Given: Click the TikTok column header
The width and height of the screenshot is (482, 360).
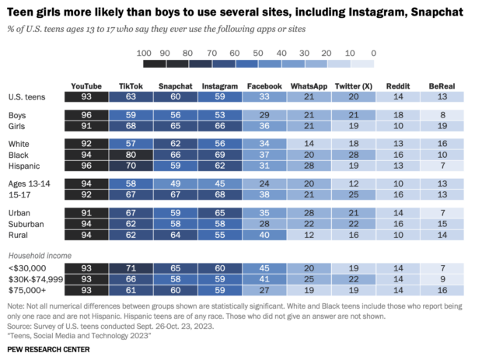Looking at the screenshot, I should click(131, 86).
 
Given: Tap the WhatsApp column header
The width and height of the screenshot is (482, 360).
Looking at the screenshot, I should click(309, 86).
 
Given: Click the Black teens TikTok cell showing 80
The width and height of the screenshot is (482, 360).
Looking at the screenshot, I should click(131, 155).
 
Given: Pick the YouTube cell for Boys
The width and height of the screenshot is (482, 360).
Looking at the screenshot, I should click(86, 114).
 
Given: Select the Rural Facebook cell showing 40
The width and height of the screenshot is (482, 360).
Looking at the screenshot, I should click(264, 234).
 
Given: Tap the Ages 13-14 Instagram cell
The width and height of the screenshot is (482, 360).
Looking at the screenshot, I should click(220, 183).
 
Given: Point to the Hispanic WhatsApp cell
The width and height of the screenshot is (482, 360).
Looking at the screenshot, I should click(309, 166).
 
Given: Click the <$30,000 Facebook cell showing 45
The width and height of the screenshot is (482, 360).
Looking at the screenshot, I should click(264, 268).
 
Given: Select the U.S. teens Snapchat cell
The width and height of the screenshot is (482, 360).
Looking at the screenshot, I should click(175, 96).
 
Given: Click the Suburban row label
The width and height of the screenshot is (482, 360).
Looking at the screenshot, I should click(26, 223).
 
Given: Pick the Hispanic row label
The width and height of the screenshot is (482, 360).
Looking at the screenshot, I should click(26, 166).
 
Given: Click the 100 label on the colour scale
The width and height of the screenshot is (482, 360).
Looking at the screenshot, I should click(142, 52).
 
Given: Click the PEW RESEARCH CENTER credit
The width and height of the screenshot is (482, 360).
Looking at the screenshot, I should click(48, 350).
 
